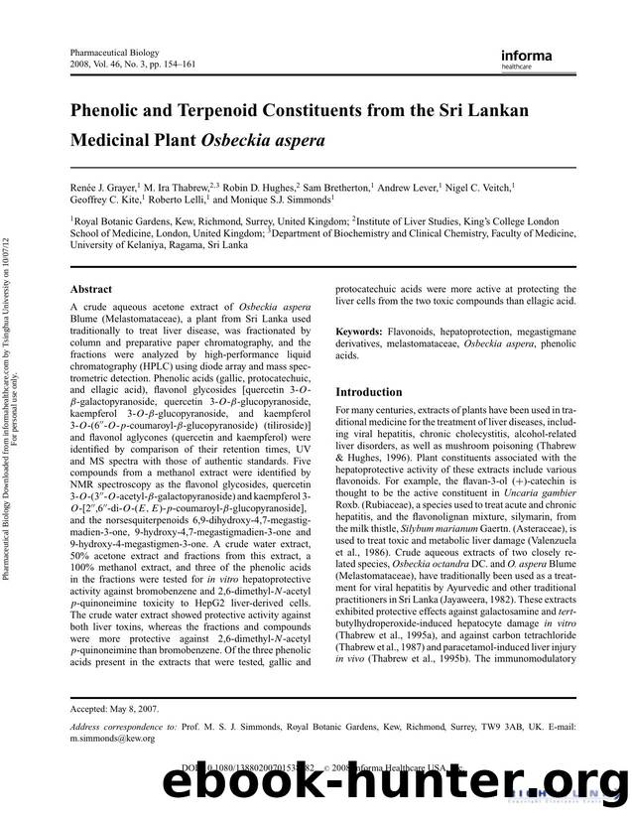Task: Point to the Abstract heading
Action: click(x=90, y=289)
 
